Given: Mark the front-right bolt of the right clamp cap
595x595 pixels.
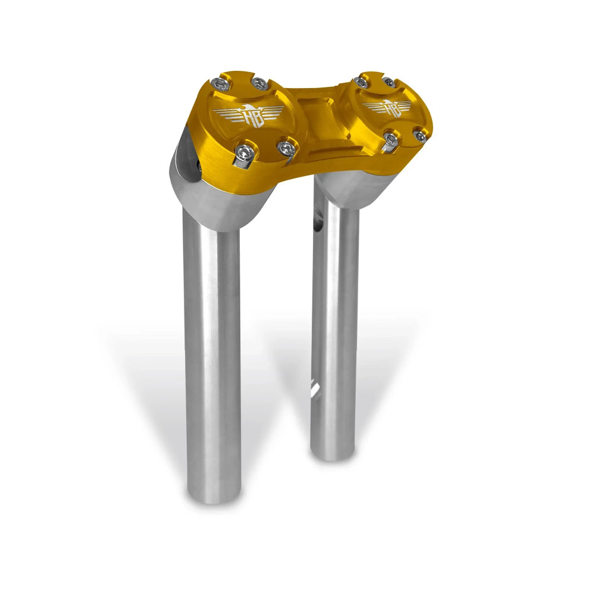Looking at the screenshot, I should pyautogui.click(x=420, y=136).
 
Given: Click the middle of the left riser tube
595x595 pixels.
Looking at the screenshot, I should pyautogui.click(x=213, y=357).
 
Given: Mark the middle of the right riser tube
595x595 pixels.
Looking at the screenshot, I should pyautogui.click(x=334, y=327).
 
